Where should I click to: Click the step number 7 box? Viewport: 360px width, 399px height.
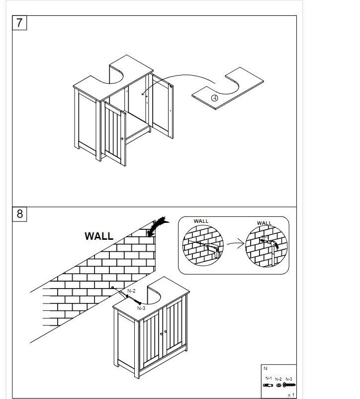[x=19, y=23]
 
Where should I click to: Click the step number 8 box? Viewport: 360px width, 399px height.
[x=19, y=214]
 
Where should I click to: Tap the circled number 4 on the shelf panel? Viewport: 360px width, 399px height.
[x=215, y=98]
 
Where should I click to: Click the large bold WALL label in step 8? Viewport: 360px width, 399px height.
[x=99, y=236]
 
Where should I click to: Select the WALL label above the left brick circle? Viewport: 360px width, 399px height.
[x=201, y=221]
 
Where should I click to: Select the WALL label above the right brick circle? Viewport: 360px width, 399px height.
[x=264, y=223]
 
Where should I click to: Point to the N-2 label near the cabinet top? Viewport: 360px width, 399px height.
[x=132, y=290]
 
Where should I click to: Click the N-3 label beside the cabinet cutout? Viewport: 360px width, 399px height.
[x=141, y=308]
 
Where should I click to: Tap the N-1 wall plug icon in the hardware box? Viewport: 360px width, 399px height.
[x=268, y=385]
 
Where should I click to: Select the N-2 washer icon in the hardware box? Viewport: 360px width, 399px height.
[x=278, y=385]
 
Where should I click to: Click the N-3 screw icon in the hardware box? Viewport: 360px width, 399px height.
[x=289, y=385]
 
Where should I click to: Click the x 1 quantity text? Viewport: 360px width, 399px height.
[x=291, y=395]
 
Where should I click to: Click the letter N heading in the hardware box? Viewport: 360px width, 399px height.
[x=266, y=369]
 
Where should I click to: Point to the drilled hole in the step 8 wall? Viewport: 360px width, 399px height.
[x=113, y=288]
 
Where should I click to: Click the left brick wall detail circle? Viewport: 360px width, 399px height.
[x=203, y=246]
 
